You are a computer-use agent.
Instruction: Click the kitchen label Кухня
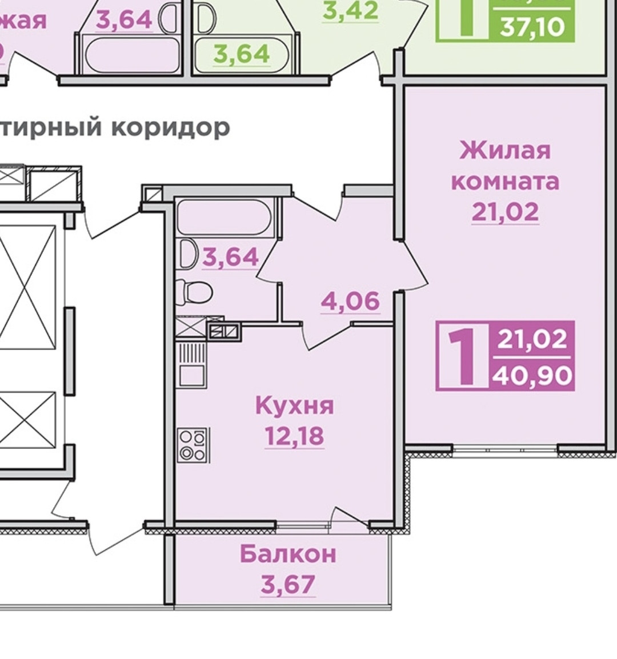[x=294, y=405]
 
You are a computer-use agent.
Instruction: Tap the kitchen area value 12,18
[x=294, y=436]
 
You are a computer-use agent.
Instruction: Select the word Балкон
[x=288, y=554]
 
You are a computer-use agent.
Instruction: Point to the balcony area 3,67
[x=288, y=584]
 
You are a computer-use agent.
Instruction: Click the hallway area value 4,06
[x=350, y=301]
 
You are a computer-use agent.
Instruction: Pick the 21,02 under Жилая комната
[x=505, y=212]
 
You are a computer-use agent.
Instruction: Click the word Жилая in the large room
[x=505, y=150]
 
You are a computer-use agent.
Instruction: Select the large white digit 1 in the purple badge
[x=462, y=356]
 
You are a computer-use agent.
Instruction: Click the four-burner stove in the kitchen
[x=193, y=445]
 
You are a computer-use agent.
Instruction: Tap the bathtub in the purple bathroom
[x=225, y=217]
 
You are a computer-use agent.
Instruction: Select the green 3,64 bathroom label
[x=242, y=54]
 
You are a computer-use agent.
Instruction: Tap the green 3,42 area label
[x=350, y=10]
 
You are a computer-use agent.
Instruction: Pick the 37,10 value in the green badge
[x=531, y=26]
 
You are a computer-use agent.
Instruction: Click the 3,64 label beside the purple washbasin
[x=231, y=256]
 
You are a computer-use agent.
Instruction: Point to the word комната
[x=505, y=181]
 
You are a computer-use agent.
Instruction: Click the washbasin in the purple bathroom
[x=187, y=254]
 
